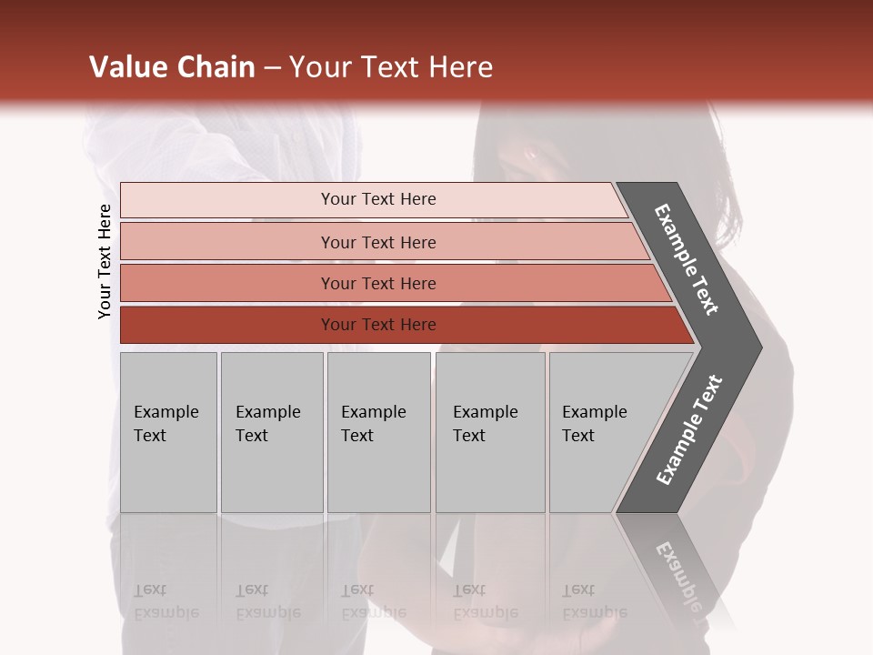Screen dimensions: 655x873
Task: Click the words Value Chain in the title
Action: click(x=172, y=67)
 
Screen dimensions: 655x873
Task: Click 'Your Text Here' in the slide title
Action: click(x=391, y=67)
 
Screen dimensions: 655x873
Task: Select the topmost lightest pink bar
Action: click(x=227, y=200)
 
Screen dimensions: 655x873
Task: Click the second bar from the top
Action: click(x=227, y=242)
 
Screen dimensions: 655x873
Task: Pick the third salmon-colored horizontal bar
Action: click(x=227, y=283)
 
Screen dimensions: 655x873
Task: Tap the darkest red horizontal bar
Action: click(x=227, y=325)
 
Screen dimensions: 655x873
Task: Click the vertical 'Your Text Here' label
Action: click(x=105, y=261)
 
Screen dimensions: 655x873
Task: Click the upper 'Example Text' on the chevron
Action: click(x=687, y=259)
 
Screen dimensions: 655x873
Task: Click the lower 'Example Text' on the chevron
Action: click(x=689, y=429)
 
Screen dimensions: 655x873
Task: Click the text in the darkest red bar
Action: click(x=378, y=325)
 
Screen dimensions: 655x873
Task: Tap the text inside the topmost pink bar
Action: click(x=378, y=199)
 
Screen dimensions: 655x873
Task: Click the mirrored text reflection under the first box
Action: click(x=166, y=600)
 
